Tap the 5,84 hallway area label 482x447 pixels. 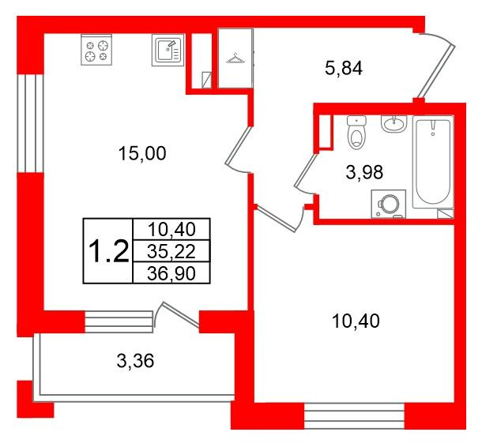[x=344, y=69]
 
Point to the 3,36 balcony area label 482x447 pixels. [x=134, y=362]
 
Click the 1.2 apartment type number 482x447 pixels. [x=107, y=251]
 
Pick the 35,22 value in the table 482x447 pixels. [x=171, y=251]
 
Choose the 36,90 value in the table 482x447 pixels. [x=171, y=272]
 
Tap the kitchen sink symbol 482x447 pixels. [x=167, y=51]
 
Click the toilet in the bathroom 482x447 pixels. [x=359, y=134]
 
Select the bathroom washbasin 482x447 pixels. [x=394, y=125]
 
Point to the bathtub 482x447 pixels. [x=434, y=166]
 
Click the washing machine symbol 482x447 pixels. [x=388, y=203]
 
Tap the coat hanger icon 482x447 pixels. [x=235, y=57]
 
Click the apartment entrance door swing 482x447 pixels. [x=434, y=63]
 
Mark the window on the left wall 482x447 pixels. [x=28, y=122]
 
